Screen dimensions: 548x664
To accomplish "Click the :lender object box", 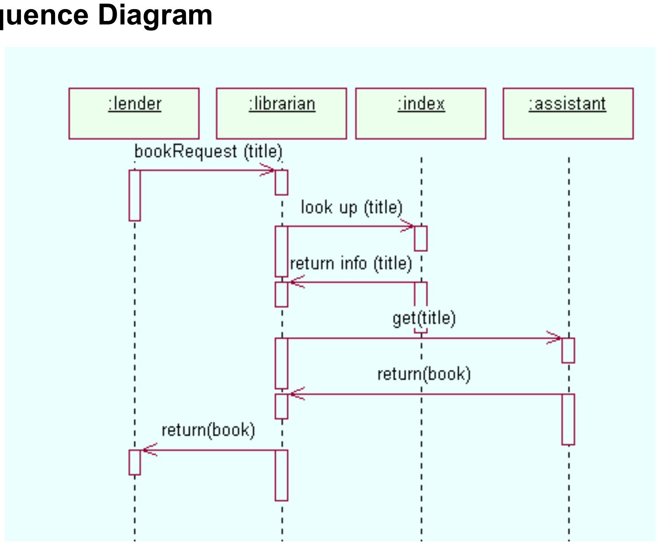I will (134, 114).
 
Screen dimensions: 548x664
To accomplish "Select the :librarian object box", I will (281, 114).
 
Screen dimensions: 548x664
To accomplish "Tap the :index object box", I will (421, 114).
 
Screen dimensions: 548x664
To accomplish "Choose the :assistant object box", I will (568, 114).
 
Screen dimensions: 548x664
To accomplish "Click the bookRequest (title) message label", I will (208, 152).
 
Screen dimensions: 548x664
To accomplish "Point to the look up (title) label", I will (351, 207).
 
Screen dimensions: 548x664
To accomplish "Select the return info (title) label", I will (351, 263).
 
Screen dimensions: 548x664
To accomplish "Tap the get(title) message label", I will (424, 318).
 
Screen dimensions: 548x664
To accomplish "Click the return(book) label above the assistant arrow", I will (424, 374).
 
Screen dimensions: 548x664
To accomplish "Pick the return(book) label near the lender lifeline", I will (208, 430).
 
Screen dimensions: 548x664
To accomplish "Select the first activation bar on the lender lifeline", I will (135, 195).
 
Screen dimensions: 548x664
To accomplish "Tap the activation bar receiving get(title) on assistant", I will (568, 350).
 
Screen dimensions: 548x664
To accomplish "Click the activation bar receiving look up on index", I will (421, 238).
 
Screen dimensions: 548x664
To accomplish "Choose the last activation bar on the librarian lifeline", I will (281, 475).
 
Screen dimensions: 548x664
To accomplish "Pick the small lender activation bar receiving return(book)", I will (135, 462).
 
